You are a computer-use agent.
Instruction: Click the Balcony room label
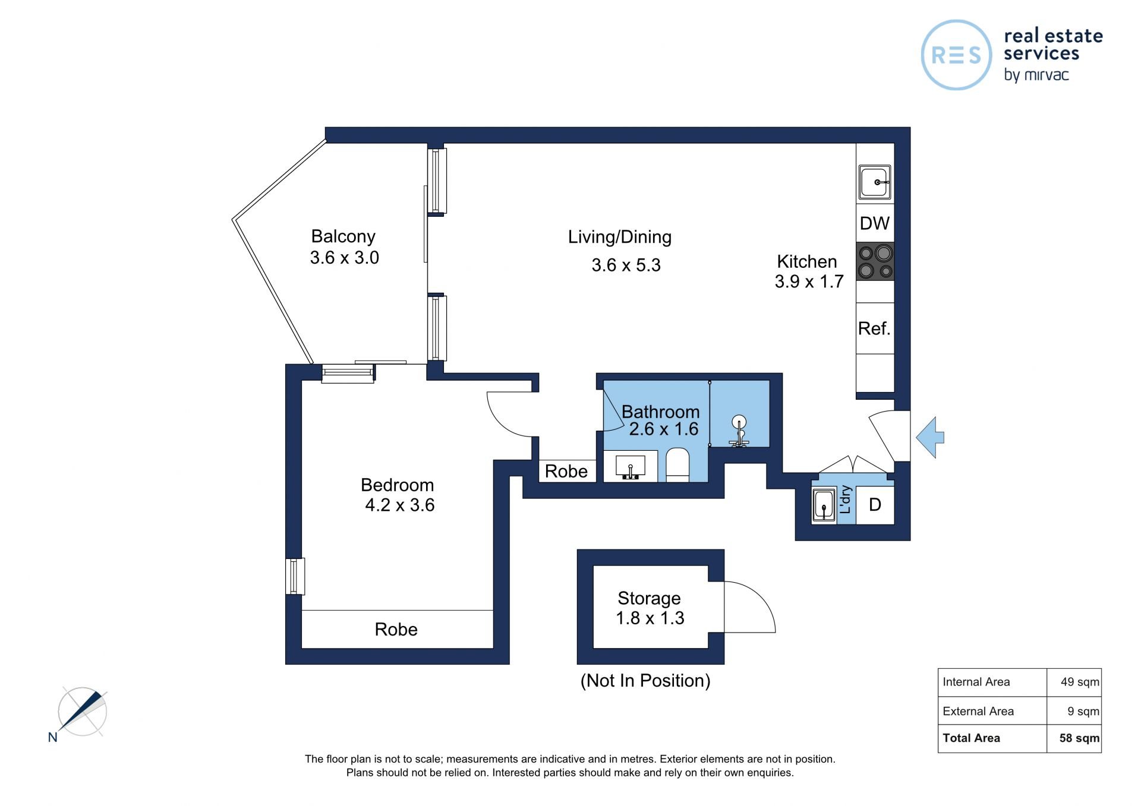343,236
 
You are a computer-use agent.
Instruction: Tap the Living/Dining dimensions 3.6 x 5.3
626,265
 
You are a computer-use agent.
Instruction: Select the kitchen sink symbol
875,182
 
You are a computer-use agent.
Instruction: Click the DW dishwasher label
875,223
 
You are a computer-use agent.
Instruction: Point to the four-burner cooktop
875,261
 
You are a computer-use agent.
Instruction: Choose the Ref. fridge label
874,328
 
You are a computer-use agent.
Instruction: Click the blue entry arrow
930,438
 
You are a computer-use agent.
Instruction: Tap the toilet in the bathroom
677,465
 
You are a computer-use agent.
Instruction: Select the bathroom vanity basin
631,467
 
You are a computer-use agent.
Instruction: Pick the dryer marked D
875,505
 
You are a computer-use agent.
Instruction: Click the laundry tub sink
824,505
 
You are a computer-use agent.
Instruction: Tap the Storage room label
649,598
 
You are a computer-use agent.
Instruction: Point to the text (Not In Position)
645,681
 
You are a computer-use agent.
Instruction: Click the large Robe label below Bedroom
396,630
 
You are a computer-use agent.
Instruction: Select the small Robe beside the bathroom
566,472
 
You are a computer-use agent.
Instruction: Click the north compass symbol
81,712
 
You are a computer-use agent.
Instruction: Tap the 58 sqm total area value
1079,738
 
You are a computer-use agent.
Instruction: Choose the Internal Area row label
976,682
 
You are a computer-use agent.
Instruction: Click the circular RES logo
956,55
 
